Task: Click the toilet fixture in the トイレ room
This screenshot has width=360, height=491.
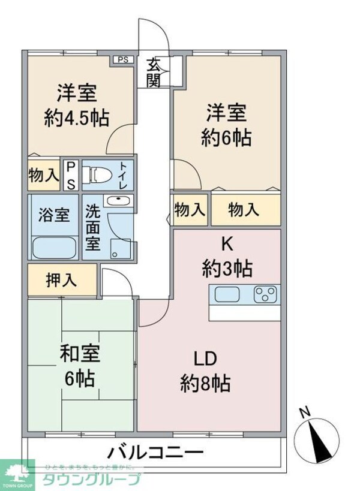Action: (x=100, y=174)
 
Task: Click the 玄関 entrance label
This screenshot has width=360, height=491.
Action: (x=154, y=71)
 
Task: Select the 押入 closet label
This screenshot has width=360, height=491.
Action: (x=61, y=280)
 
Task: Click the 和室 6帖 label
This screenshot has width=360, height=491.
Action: (x=79, y=365)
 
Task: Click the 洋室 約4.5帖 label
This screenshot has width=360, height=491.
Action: (x=77, y=105)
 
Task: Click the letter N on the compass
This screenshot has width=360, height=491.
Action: (x=305, y=412)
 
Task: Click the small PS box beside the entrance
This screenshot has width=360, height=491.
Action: (x=122, y=59)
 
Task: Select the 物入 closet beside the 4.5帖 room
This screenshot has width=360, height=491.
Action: (x=43, y=175)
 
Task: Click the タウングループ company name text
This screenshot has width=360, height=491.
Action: (x=92, y=479)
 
